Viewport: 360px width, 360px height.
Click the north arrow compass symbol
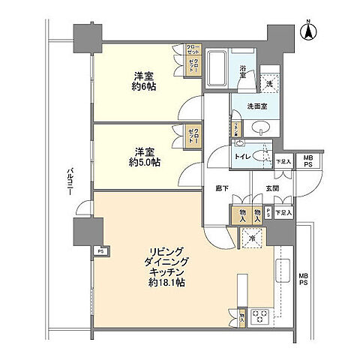pyautogui.click(x=307, y=31)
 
